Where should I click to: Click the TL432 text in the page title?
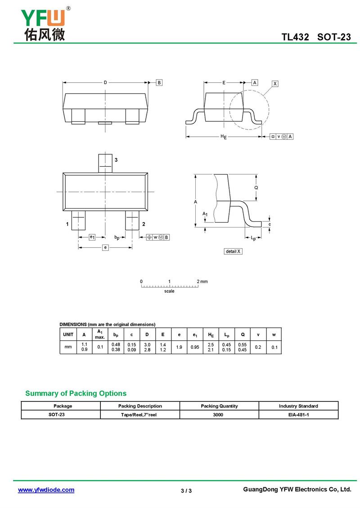[x=295, y=37]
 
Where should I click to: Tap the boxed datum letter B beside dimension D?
[x=159, y=83]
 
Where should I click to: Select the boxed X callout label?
[x=275, y=84]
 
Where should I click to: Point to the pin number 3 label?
[x=116, y=160]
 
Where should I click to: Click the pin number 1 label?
[x=67, y=224]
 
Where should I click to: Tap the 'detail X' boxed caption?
[x=233, y=251]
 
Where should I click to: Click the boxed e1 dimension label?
[x=91, y=236]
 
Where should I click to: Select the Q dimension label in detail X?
[x=256, y=187]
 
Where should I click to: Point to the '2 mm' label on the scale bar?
[x=202, y=281]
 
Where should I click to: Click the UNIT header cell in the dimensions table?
[x=68, y=334]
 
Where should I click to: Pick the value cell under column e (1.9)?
[x=179, y=347]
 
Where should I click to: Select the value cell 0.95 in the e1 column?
[x=195, y=347]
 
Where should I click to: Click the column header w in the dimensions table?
[x=274, y=334]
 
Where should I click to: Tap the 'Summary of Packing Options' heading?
[x=76, y=393]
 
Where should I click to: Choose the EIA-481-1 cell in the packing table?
[x=298, y=414]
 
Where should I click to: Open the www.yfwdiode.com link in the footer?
[x=46, y=490]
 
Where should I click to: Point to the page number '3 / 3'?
[x=186, y=490]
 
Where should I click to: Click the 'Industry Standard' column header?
[x=298, y=406]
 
